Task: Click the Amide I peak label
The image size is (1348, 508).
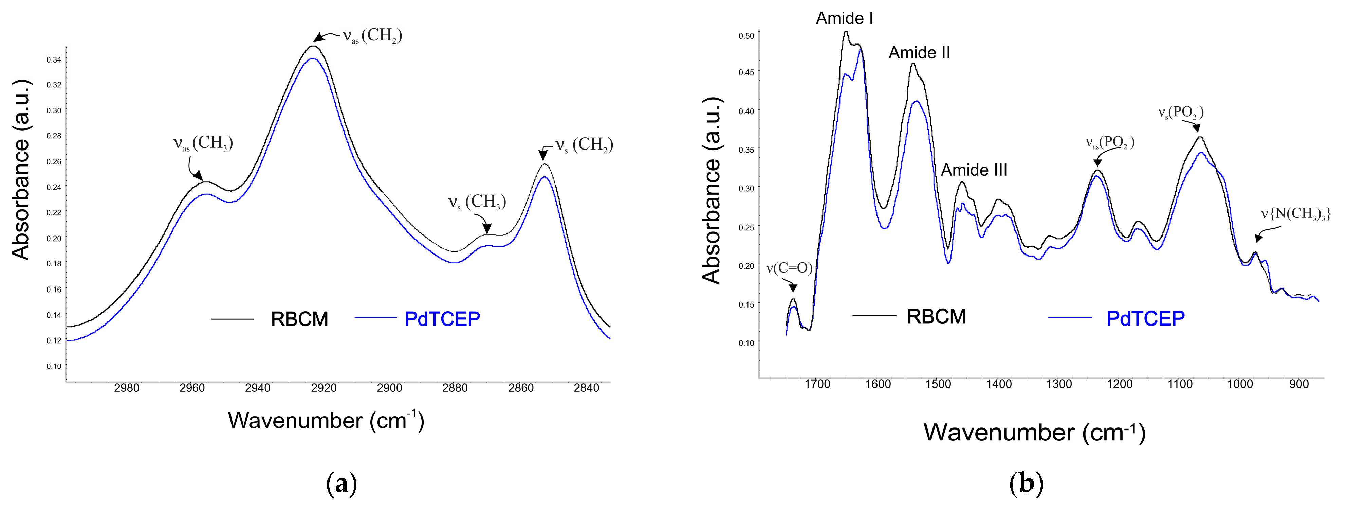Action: (844, 18)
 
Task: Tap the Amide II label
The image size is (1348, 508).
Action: (919, 52)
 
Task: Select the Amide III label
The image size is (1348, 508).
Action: (974, 170)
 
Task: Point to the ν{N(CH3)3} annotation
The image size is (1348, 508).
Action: (1295, 214)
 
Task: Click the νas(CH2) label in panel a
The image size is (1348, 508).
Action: (372, 36)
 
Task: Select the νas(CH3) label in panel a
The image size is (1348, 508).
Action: (203, 143)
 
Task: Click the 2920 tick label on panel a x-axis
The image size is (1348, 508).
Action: (324, 388)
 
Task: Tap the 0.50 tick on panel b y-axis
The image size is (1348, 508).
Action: (746, 36)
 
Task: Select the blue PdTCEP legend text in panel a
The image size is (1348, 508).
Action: (442, 319)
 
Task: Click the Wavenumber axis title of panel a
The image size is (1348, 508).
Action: (326, 421)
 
